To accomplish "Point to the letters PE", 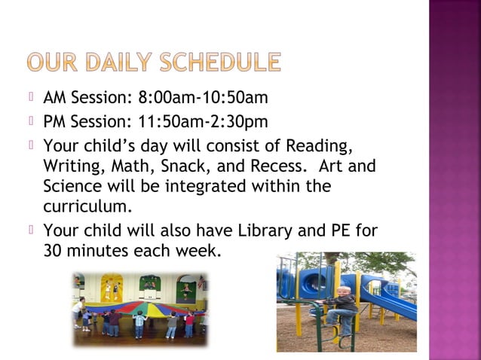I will coord(338,230).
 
